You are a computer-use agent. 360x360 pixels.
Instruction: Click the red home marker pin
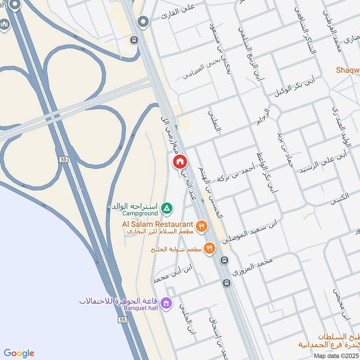[x=180, y=161]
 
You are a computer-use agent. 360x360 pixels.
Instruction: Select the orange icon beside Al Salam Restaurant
[x=202, y=226]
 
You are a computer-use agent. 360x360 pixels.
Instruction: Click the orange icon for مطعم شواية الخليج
[x=209, y=248]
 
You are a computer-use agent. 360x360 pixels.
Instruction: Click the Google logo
[x=18, y=353]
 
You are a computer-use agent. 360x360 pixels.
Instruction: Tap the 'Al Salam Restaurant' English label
[x=157, y=224]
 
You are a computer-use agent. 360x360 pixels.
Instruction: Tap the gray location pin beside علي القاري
[x=144, y=22]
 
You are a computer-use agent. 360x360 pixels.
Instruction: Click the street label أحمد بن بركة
[x=235, y=173]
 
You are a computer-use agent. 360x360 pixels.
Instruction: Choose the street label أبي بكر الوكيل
[x=295, y=87]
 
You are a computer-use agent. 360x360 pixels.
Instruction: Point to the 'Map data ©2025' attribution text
[x=335, y=355]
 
